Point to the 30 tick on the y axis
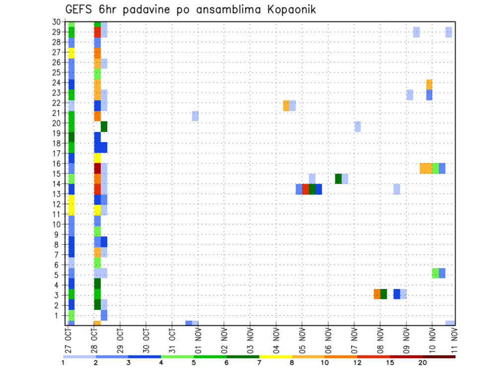click(x=58, y=21)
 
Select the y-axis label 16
click(x=58, y=163)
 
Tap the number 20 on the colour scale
click(x=423, y=363)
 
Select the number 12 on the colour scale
click(x=358, y=363)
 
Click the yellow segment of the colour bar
click(x=276, y=357)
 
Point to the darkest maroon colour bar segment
click(x=439, y=357)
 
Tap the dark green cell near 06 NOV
click(x=338, y=179)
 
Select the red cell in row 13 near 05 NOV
click(x=306, y=189)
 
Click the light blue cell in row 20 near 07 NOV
click(x=358, y=126)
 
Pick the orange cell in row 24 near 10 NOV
click(x=429, y=84)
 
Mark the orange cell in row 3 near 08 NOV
click(x=377, y=294)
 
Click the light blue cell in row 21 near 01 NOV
click(x=195, y=116)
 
